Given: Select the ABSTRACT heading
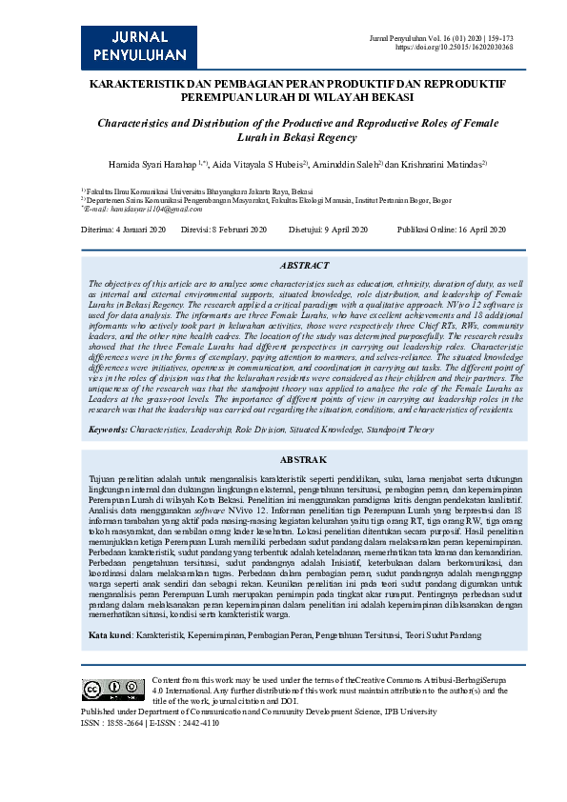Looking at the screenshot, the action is click(305, 266).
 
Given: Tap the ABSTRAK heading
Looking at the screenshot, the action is click(304, 459).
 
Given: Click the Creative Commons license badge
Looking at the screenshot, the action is click(113, 689).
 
